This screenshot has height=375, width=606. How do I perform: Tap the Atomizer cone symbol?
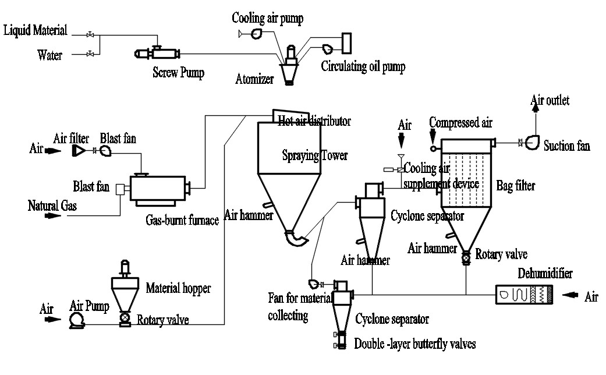pyautogui.click(x=288, y=73)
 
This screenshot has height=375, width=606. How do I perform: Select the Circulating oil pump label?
pyautogui.click(x=363, y=66)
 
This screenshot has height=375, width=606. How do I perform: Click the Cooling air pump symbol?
pyautogui.click(x=257, y=35)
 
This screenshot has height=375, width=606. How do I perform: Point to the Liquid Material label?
pyautogui.click(x=36, y=30)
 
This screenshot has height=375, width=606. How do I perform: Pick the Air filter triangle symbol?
pyautogui.click(x=77, y=151)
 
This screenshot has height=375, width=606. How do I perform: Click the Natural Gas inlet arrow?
pyautogui.click(x=53, y=216)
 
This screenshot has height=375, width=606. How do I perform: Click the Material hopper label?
pyautogui.click(x=178, y=287)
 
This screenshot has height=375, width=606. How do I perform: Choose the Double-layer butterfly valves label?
pyautogui.click(x=415, y=344)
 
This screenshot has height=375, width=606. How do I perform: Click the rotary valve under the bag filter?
pyautogui.click(x=466, y=257)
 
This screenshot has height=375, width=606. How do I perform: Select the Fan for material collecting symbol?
pyautogui.click(x=314, y=284)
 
